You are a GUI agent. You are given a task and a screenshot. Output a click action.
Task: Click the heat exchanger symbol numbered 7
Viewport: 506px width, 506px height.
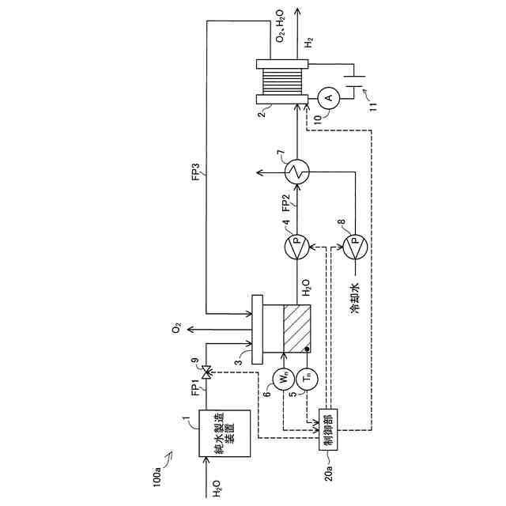coord(298,170)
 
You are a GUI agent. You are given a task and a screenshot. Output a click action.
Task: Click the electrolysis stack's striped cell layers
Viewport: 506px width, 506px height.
coord(281,81)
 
